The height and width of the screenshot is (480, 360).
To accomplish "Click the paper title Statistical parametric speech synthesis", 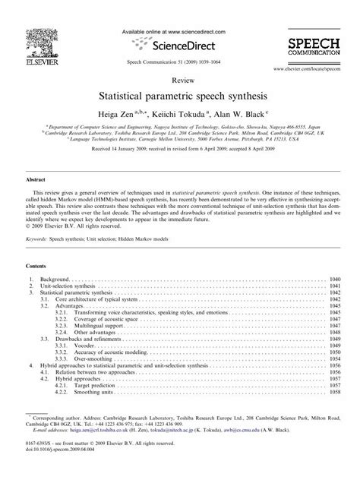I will coord(179,98).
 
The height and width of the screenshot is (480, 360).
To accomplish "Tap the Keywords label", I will coord(39,238).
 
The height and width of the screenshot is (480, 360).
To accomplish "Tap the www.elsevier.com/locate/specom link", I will coord(311,69).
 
